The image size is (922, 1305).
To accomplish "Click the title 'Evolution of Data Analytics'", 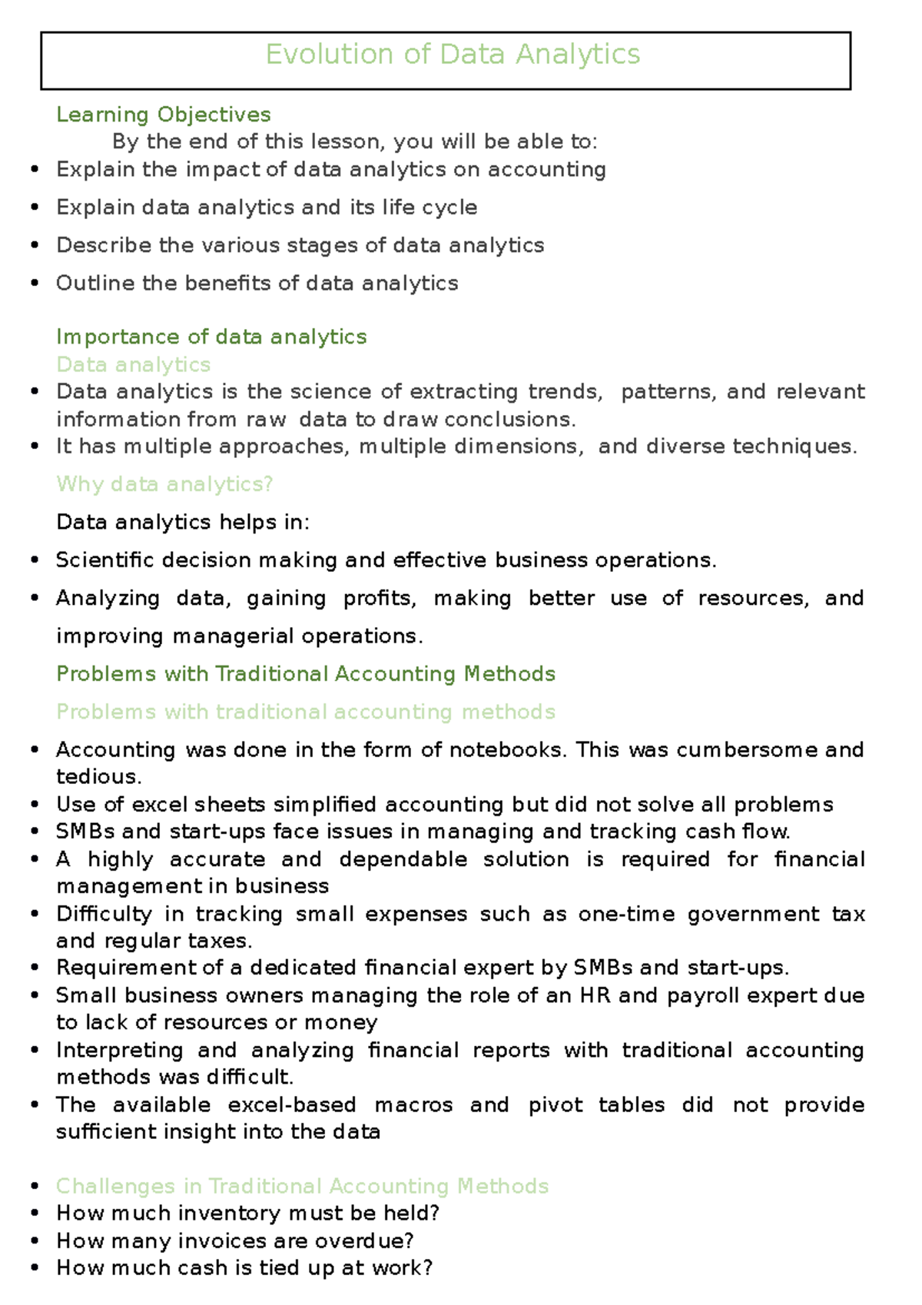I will (x=453, y=55).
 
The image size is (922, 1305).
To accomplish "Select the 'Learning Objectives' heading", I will (x=163, y=115).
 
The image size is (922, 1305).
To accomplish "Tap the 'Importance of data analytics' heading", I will (x=211, y=337).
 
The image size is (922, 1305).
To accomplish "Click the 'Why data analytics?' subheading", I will (x=164, y=484).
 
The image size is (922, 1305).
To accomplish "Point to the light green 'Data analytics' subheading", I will (x=134, y=364).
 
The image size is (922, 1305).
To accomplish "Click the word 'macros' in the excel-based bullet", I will (x=413, y=1104).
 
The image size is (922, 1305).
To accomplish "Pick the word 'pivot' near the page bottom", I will (x=555, y=1104).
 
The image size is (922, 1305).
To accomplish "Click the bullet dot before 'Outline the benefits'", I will (x=35, y=284).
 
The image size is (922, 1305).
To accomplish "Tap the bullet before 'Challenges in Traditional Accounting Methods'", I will (x=35, y=1186).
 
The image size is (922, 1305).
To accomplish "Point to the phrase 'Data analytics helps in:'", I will (x=183, y=523).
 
